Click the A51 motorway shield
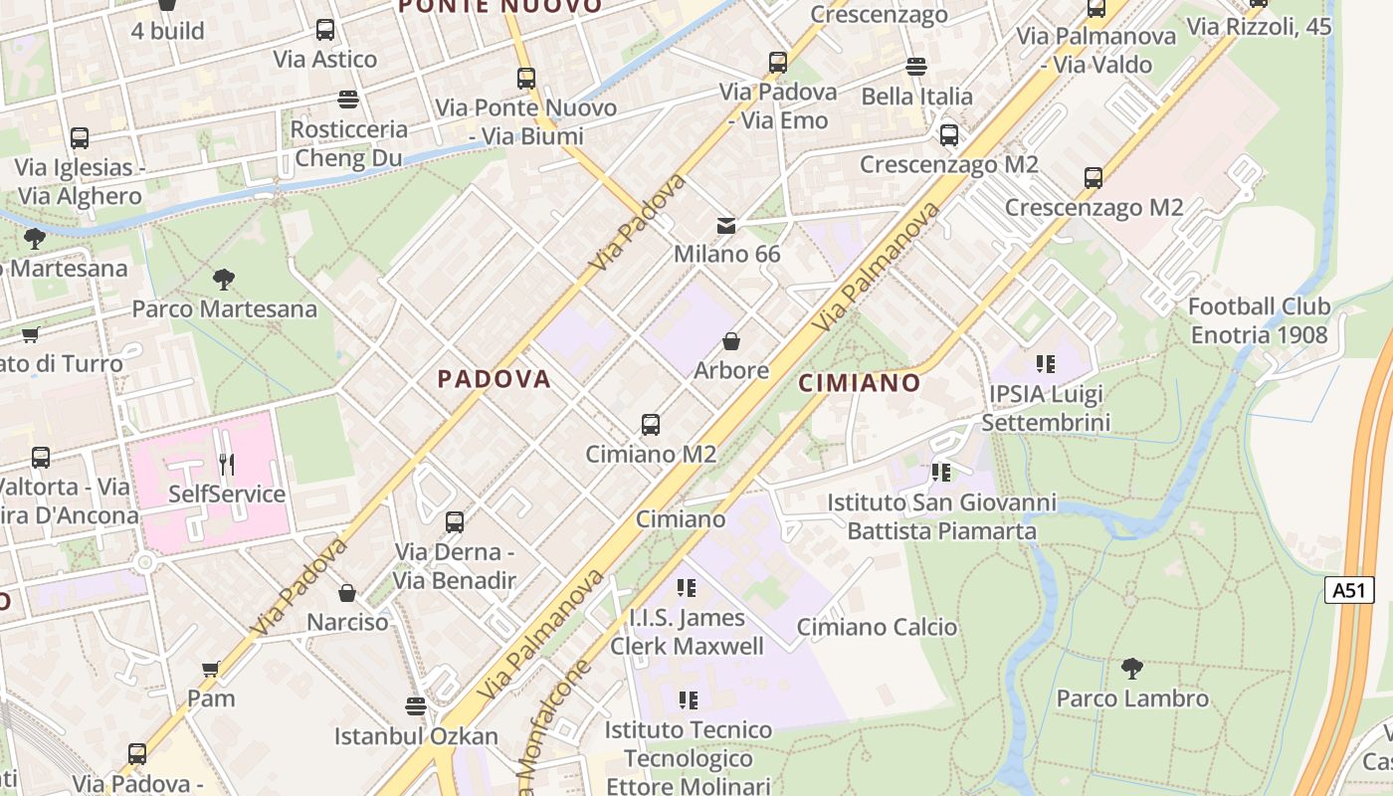point(1348,590)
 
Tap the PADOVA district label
point(494,379)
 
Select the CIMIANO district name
point(860,383)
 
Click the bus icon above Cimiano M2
point(651,425)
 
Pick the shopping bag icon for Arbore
point(731,342)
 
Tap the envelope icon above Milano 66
point(726,225)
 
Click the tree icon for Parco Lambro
point(1131,669)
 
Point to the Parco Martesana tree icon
point(224,280)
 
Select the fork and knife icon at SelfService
point(227,464)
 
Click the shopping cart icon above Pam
point(211,669)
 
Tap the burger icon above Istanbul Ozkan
point(416,706)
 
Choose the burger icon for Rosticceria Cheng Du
point(347,99)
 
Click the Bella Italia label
point(916,97)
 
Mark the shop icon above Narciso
point(347,593)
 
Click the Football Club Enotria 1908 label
point(1259,320)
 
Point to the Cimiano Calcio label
point(877,627)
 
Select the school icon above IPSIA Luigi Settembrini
point(1045,364)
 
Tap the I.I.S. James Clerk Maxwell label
point(687,632)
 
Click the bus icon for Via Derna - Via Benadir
point(455,521)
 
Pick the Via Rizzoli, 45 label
point(1259,27)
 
